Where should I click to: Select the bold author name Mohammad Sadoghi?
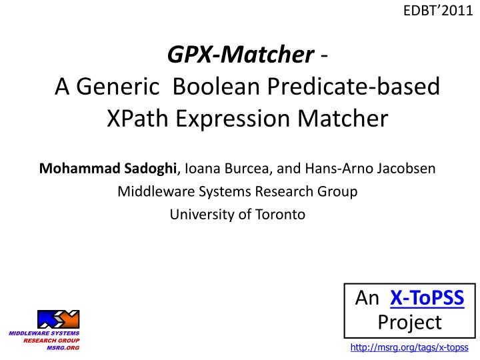pyautogui.click(x=107, y=168)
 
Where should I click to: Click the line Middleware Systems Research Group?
pyautogui.click(x=237, y=191)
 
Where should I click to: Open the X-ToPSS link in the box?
pyautogui.click(x=427, y=298)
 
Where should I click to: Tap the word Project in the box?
pyautogui.click(x=409, y=322)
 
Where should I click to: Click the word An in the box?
pyautogui.click(x=367, y=298)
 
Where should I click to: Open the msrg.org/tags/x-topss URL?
pyautogui.click(x=409, y=348)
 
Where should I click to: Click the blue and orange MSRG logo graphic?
pyautogui.click(x=58, y=319)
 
